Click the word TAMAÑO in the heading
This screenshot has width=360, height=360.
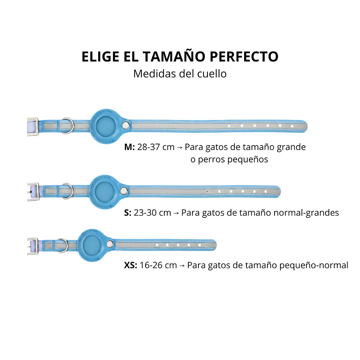point(174,57)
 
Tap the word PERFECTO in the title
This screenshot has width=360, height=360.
point(244,57)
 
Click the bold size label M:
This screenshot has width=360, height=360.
point(129,147)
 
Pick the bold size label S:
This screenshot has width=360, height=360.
point(127,213)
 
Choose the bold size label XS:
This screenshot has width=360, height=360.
point(130,265)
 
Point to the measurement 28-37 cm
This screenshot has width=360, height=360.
point(156,147)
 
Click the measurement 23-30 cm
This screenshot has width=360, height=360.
point(153,213)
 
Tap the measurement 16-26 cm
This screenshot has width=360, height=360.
point(158,265)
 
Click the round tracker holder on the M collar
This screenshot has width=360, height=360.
point(106,126)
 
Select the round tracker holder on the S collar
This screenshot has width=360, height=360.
point(105,192)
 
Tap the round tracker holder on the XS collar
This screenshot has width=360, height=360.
point(92,245)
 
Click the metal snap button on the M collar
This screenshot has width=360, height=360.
point(126,125)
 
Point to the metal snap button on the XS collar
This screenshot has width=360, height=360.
point(110,244)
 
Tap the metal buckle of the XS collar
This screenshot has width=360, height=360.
point(33,246)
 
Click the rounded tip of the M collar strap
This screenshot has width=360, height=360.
point(305,126)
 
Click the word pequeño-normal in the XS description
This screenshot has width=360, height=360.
point(313,265)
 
